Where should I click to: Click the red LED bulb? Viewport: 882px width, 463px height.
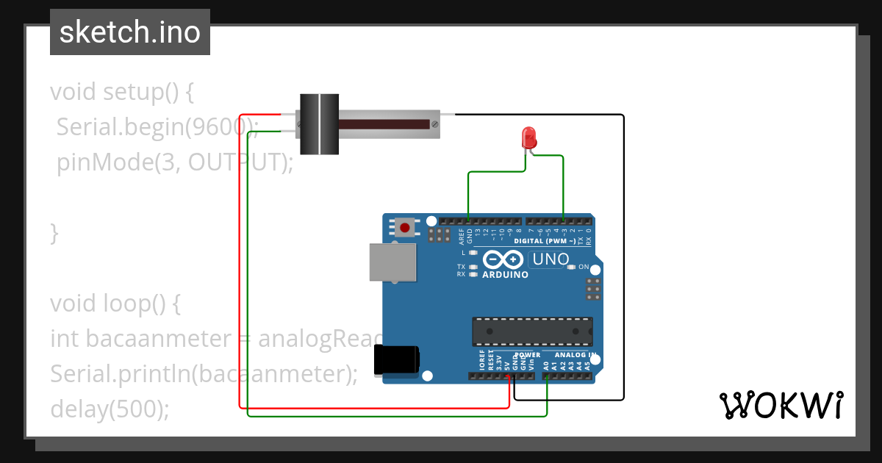tap(528, 137)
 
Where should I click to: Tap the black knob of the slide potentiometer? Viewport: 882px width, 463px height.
tap(319, 124)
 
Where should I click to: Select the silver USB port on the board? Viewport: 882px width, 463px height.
tap(391, 262)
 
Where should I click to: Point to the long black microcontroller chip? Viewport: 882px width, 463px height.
tap(532, 331)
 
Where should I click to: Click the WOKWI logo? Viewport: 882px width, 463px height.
tap(781, 405)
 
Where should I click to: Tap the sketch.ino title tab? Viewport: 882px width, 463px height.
tap(130, 32)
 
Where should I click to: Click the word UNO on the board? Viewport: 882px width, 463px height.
tap(551, 259)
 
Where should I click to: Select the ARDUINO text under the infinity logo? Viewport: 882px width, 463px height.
tap(505, 275)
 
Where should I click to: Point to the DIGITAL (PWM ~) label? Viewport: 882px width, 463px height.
tap(539, 241)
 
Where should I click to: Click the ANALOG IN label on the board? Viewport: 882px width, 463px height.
tap(575, 355)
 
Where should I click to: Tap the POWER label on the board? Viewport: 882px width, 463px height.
tap(527, 355)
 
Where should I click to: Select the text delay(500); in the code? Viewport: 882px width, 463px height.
tap(110, 409)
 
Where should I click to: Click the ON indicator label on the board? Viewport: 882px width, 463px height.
tap(584, 267)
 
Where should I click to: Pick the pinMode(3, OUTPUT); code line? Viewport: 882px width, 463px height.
tap(175, 162)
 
